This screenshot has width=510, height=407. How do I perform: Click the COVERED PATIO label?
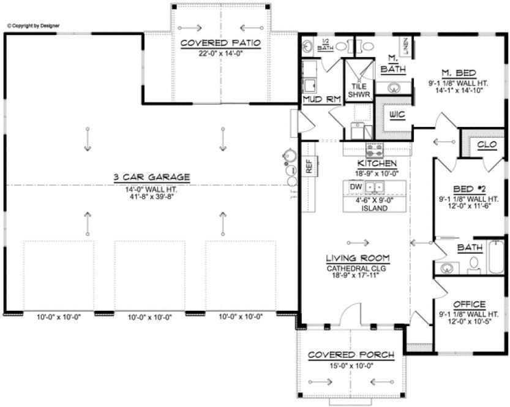tap(221, 43)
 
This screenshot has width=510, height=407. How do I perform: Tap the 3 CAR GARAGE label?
tap(151, 177)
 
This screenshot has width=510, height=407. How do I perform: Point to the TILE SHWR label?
tap(358, 90)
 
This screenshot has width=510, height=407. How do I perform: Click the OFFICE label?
tap(469, 305)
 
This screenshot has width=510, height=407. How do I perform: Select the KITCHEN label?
tap(377, 164)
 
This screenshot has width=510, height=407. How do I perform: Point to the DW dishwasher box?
tap(354, 186)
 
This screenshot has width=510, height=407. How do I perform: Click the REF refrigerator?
tap(309, 166)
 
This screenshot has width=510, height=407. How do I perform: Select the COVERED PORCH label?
tap(351, 356)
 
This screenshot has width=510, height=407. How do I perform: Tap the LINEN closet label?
tap(406, 45)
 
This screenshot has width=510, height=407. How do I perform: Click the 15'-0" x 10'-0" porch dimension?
tap(351, 366)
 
